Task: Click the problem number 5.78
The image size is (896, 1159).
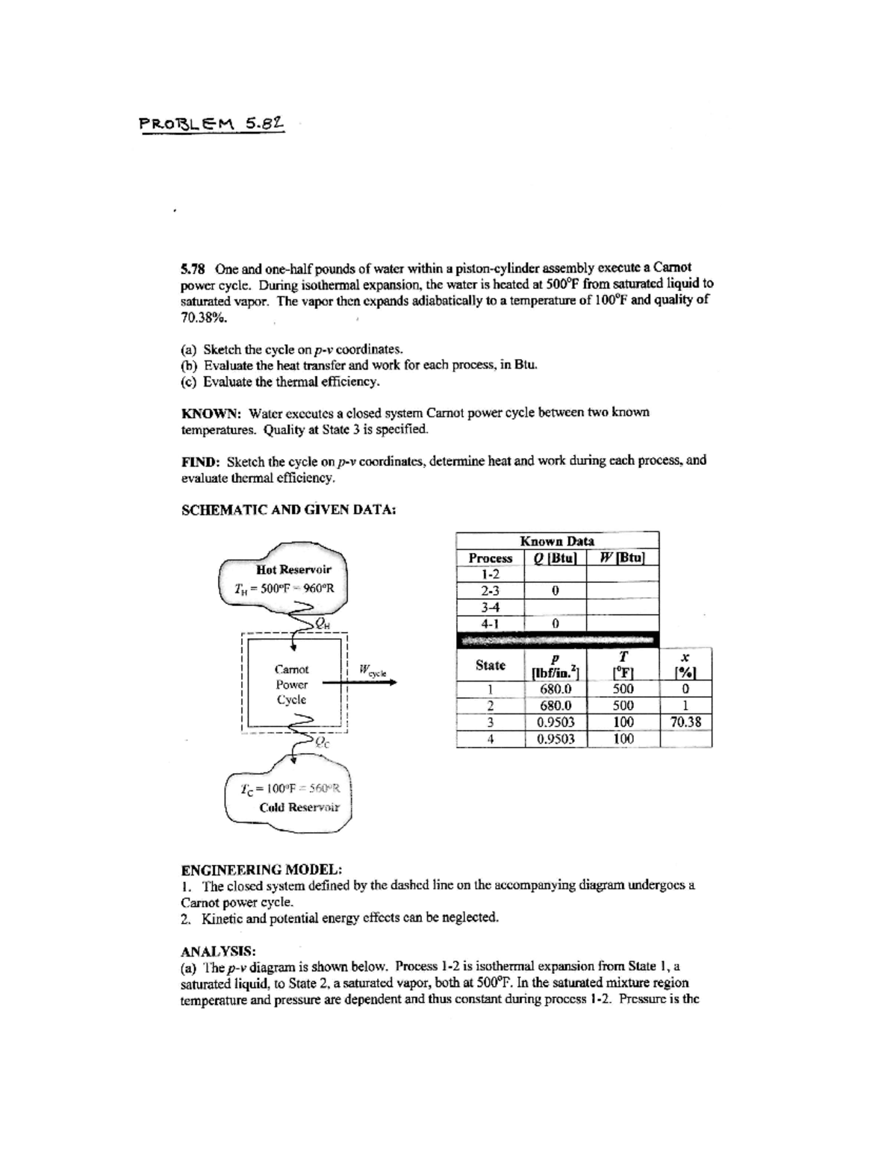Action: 195,267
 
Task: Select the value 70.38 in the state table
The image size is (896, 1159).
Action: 685,722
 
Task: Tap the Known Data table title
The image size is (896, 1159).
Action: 557,541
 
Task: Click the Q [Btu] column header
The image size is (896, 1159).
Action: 555,558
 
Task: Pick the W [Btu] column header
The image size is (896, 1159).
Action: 622,558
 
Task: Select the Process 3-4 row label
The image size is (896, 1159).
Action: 490,607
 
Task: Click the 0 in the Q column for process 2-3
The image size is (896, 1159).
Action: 555,590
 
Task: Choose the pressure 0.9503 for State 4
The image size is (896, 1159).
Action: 556,739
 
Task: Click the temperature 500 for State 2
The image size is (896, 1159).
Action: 623,705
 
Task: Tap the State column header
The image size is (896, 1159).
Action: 490,665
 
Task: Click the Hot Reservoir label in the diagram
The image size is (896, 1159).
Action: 293,569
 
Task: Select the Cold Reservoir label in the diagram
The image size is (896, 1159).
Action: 299,807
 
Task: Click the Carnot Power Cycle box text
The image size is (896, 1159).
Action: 291,684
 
